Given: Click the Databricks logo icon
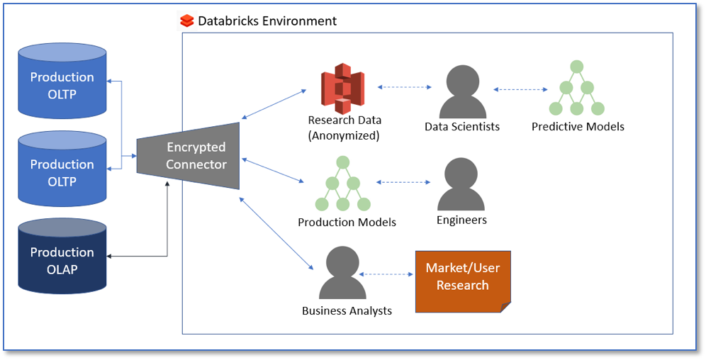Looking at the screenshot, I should coord(187,21).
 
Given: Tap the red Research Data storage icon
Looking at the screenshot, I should coord(342,89).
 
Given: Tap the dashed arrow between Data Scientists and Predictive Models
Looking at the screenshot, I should coord(521,90).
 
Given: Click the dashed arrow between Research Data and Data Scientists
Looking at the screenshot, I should coord(405,87).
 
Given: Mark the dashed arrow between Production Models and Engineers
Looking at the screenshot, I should coord(403,182).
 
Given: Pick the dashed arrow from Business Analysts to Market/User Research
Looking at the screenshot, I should coord(387,274).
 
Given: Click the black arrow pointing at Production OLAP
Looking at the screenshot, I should coord(135,256).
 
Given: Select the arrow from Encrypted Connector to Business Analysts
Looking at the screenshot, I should coord(276,233).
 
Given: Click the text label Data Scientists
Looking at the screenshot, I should coord(462,127).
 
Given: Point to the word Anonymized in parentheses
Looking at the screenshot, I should coord(344,135).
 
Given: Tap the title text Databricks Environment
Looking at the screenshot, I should coord(267,21).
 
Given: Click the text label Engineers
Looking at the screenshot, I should coord(461,220).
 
